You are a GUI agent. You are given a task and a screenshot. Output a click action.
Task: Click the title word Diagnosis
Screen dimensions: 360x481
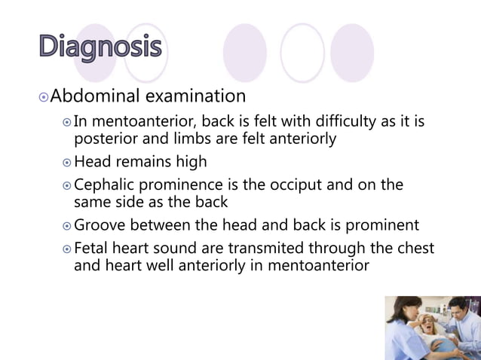100,47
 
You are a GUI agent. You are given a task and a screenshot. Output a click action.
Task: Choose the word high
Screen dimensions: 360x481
190,162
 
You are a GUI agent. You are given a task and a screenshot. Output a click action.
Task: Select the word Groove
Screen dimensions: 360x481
103,225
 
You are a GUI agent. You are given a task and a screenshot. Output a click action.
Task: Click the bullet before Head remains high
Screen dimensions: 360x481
66,163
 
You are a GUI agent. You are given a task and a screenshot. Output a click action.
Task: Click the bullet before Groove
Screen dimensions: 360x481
66,226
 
